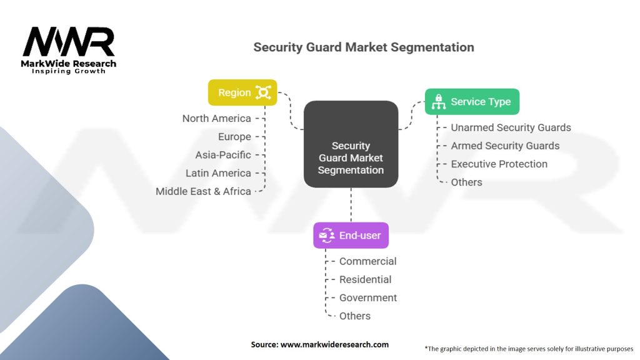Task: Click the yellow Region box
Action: (x=242, y=92)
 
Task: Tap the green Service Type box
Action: (x=472, y=102)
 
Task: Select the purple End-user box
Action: (x=351, y=236)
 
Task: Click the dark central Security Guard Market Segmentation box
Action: (x=351, y=144)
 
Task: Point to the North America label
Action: (x=217, y=118)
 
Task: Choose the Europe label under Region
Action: (x=235, y=137)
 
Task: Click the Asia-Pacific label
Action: (x=223, y=155)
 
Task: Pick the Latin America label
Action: (x=218, y=173)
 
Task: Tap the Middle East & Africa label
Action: (x=203, y=191)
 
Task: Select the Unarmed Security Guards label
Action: (x=511, y=127)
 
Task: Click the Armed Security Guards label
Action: (x=505, y=146)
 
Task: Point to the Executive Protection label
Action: (x=499, y=164)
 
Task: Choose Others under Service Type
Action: (x=466, y=182)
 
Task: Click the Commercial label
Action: (x=367, y=261)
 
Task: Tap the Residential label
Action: (x=365, y=279)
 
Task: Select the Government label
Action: (x=368, y=298)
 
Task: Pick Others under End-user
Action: (x=355, y=316)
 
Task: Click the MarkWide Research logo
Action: (x=69, y=50)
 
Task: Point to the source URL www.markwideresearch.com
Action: (x=335, y=344)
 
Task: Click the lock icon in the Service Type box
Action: (x=439, y=102)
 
